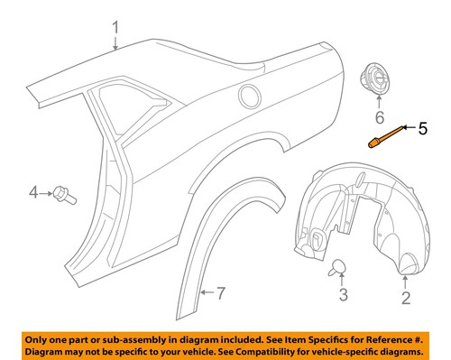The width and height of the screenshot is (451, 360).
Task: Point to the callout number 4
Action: (x=34, y=191)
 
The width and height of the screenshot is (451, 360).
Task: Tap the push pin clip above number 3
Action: (x=341, y=265)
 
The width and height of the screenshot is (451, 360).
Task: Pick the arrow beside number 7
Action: (x=207, y=291)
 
